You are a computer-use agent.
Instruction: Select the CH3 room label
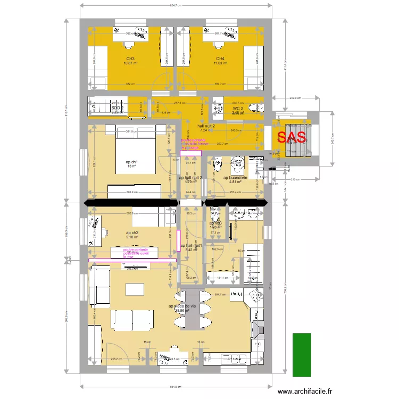pos(130,59)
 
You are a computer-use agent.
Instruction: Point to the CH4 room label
pos(220,59)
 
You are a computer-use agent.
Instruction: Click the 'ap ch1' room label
pos(131,162)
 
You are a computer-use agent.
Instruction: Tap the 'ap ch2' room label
pos(132,233)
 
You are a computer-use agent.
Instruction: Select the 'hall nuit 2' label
pos(205,125)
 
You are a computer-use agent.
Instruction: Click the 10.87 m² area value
pos(131,63)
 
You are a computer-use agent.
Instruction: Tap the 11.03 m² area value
pos(220,63)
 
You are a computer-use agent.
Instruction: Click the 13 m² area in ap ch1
pos(132,167)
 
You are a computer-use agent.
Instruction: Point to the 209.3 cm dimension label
pos(295,98)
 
